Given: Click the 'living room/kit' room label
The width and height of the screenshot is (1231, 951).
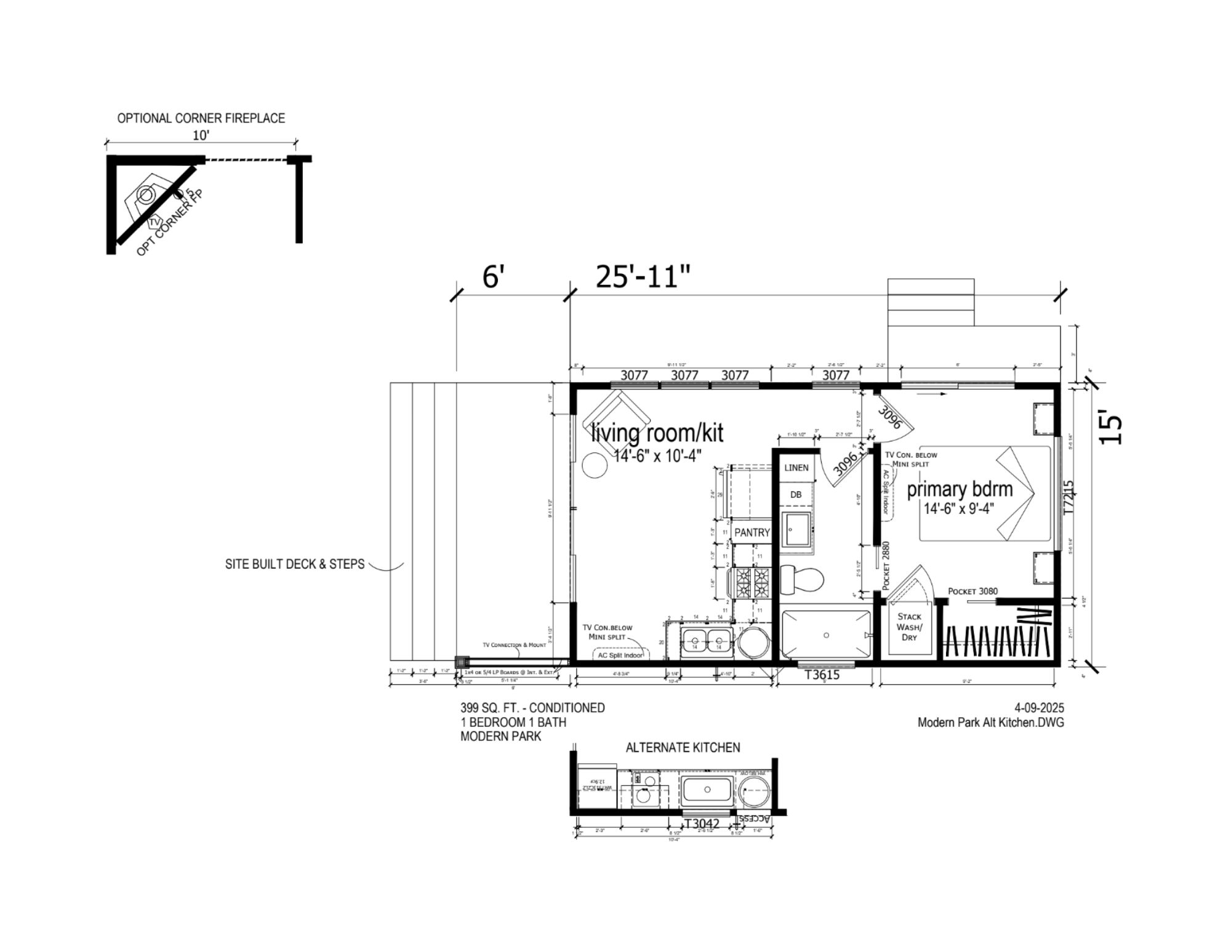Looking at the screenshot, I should click(657, 433).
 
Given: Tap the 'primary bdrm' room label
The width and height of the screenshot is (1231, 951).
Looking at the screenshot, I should click(960, 489).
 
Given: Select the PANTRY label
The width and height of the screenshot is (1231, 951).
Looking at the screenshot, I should click(752, 532).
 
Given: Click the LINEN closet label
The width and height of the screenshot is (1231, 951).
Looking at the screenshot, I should click(796, 468).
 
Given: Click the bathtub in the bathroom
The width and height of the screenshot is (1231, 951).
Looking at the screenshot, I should click(826, 635).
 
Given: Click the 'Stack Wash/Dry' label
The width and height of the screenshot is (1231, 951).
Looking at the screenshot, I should click(909, 627).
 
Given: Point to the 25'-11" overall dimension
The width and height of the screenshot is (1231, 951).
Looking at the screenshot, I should click(643, 277).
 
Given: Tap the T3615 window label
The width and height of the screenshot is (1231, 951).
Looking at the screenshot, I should click(822, 675).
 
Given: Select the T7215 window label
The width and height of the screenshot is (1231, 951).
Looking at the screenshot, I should click(1069, 497).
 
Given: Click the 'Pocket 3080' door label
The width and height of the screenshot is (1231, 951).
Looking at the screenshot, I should click(972, 591).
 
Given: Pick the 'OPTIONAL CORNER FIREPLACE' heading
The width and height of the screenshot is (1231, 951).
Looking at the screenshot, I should click(201, 118).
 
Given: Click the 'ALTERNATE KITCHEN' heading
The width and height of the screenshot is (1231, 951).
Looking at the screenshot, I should click(683, 747).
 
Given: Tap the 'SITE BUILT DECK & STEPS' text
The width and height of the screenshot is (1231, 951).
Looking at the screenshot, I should click(295, 564).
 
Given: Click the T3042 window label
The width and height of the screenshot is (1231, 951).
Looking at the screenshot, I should click(702, 824).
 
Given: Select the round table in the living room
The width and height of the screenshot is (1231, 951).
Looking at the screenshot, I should click(595, 465).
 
